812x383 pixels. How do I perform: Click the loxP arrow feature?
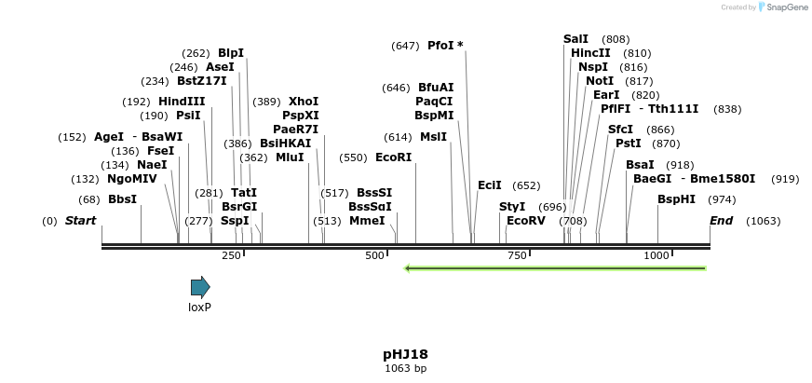pos(200,286)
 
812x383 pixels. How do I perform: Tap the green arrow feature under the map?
pos(555,268)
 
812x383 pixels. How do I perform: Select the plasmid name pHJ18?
pos(405,354)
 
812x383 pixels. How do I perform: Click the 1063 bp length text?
pos(405,368)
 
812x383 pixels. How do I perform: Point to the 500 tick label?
pos(374,255)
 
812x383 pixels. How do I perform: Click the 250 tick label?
pos(231,255)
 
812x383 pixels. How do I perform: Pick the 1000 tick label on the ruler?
pos(656,255)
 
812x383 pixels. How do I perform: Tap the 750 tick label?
pos(517,255)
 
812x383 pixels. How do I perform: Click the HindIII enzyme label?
pos(182,102)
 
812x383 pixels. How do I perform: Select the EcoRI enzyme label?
pos(393,157)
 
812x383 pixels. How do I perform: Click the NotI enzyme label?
pos(600,81)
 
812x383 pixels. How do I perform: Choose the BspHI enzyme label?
pos(676,199)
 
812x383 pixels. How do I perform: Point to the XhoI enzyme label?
pos(304,102)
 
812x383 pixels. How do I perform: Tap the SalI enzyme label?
pos(575,39)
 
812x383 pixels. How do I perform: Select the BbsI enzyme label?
pos(122,199)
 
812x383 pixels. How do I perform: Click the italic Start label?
pos(80,221)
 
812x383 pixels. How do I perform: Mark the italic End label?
pos(721,221)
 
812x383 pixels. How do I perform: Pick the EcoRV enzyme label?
pos(526,221)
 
